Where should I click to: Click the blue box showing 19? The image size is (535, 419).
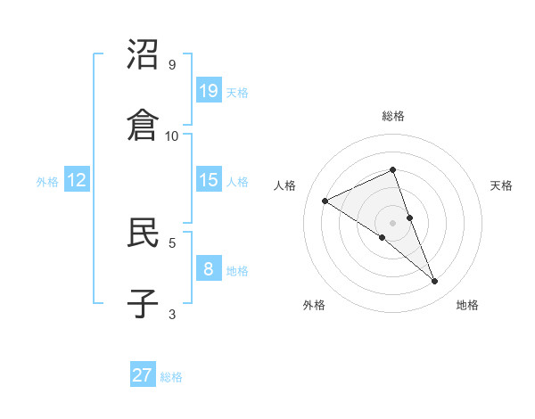pos(209,90)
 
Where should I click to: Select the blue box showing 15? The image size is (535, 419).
pos(209,180)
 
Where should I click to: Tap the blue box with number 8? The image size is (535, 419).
pos(209,268)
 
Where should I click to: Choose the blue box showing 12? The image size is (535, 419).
pos(77,180)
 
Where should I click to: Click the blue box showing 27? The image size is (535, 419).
pos(143,375)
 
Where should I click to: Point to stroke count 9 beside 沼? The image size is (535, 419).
pos(172,65)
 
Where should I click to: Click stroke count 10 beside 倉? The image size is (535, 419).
pos(172,136)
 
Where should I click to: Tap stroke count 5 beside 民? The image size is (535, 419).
pos(172,242)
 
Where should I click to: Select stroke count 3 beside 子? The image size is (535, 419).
pos(172,313)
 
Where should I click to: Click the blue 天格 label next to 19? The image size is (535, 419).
pos(237,92)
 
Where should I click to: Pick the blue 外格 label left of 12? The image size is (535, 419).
pos(47,182)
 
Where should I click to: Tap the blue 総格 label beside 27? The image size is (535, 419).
pos(171,377)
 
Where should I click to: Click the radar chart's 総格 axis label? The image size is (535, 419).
pos(393,116)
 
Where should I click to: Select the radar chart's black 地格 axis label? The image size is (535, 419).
pos(467,305)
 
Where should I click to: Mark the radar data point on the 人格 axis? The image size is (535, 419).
pos(325,201)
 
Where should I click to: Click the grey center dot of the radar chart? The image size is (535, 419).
pos(392,222)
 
